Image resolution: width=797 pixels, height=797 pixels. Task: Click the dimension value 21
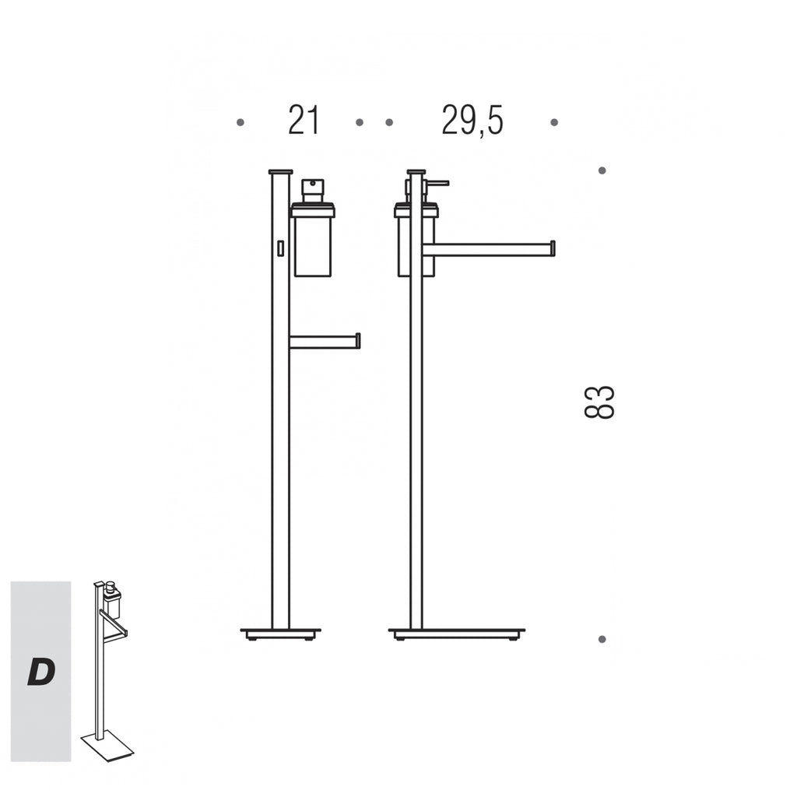pyautogui.click(x=304, y=121)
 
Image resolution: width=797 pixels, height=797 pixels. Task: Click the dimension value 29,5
pyautogui.click(x=472, y=121)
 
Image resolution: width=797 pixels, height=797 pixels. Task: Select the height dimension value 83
pyautogui.click(x=599, y=402)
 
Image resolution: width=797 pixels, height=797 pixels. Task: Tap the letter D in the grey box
pyautogui.click(x=41, y=672)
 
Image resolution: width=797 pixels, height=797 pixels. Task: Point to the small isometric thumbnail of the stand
pyautogui.click(x=107, y=670)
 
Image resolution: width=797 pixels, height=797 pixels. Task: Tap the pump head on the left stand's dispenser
pyautogui.click(x=313, y=190)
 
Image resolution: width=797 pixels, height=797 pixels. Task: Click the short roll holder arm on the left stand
pyautogui.click(x=325, y=341)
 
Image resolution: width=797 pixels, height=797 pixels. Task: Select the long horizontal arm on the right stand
pyautogui.click(x=489, y=249)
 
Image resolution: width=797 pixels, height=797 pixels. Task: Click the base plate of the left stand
pyautogui.click(x=280, y=633)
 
